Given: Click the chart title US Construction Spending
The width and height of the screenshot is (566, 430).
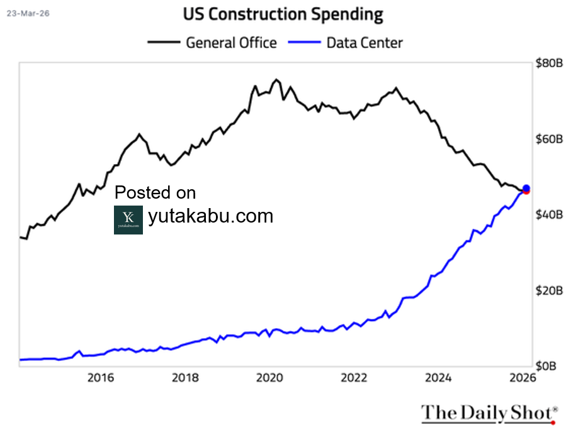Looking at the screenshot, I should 283,14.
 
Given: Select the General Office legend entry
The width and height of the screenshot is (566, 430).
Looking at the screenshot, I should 230,43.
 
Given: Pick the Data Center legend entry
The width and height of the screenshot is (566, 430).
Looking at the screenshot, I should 364,43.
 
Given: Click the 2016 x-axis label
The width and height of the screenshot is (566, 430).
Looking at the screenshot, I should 100,378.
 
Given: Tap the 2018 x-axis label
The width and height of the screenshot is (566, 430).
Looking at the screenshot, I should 184,378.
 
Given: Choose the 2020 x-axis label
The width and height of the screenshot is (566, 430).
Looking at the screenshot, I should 269,378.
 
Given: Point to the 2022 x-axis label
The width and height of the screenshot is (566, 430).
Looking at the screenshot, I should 354,378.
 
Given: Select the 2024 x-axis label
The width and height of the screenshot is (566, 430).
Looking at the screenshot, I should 438,378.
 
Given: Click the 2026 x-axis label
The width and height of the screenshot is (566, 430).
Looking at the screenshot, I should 522,378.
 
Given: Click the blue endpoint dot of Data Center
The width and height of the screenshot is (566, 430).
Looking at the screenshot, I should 526,188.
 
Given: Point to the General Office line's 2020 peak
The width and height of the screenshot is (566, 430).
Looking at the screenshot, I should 276,80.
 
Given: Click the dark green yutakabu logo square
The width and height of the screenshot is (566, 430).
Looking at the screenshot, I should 128,220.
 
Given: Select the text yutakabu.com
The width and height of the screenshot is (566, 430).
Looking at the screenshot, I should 211,216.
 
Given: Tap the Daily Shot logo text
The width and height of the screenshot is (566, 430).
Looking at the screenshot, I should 488,412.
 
